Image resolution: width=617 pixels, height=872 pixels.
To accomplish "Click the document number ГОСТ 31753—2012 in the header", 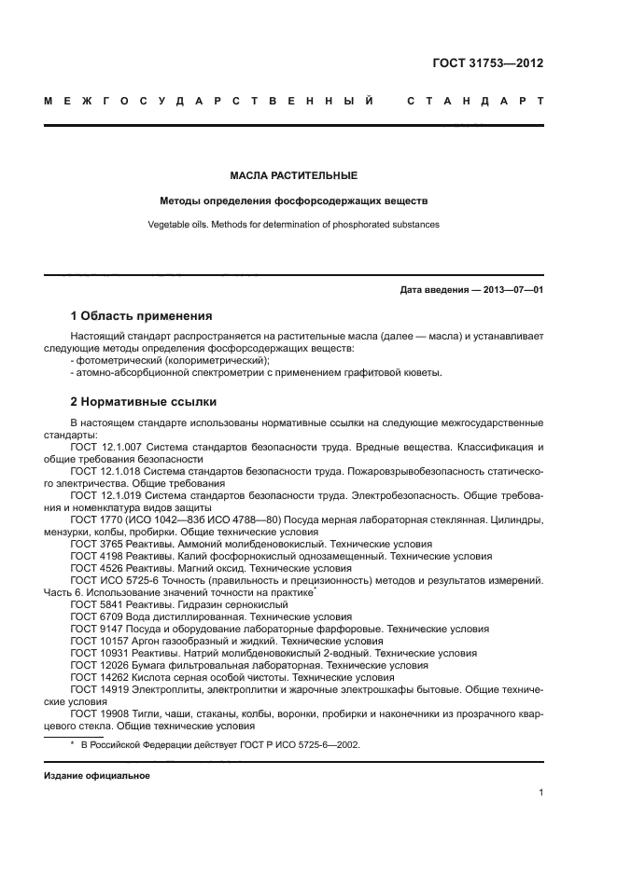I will [x=487, y=64].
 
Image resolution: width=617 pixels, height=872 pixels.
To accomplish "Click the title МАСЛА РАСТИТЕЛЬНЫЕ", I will [x=293, y=175].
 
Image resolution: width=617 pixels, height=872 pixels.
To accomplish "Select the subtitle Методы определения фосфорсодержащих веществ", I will [x=293, y=201].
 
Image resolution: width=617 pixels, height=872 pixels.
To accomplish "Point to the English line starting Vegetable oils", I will [x=293, y=224].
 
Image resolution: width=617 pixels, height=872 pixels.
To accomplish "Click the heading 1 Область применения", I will [x=141, y=315].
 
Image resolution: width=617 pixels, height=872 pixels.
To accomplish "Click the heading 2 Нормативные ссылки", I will [x=144, y=402].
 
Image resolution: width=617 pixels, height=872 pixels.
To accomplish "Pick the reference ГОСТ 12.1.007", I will [x=98, y=448].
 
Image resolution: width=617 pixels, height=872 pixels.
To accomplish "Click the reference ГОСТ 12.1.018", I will [x=98, y=472].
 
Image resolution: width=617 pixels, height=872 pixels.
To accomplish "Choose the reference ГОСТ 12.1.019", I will [x=98, y=495].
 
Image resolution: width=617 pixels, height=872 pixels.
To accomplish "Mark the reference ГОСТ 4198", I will [x=91, y=556].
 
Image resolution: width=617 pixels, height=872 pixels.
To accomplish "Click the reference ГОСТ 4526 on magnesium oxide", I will [x=91, y=568].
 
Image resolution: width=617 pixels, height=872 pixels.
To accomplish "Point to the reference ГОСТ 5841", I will [x=91, y=604].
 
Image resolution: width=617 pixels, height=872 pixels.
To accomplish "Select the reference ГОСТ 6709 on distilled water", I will [x=91, y=616].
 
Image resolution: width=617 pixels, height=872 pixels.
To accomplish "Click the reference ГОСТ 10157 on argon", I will [x=93, y=641].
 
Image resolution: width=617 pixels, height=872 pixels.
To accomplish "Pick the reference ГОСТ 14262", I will [x=93, y=677].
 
